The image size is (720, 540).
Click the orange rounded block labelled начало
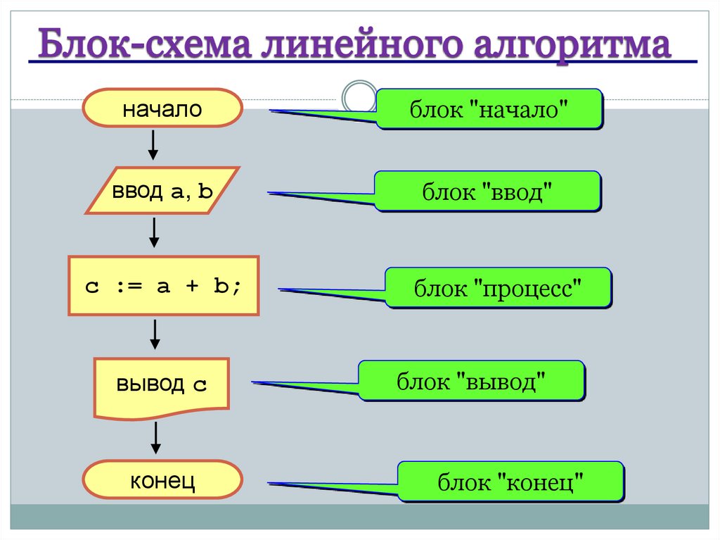pyautogui.click(x=162, y=110)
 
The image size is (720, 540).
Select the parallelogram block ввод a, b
pyautogui.click(x=162, y=190)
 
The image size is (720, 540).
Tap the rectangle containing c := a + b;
pyautogui.click(x=163, y=285)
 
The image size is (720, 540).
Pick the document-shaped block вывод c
pyautogui.click(x=162, y=386)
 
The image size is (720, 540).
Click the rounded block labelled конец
pyautogui.click(x=162, y=481)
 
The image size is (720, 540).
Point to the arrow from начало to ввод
pyautogui.click(x=153, y=144)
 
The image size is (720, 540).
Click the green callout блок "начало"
pyautogui.click(x=489, y=109)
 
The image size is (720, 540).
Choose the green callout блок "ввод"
pyautogui.click(x=487, y=191)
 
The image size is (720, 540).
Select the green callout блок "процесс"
pyautogui.click(x=498, y=287)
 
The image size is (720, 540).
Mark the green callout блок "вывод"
pyautogui.click(x=472, y=381)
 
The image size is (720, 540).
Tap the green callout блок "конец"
pyautogui.click(x=510, y=482)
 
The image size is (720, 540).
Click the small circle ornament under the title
pyautogui.click(x=359, y=97)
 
